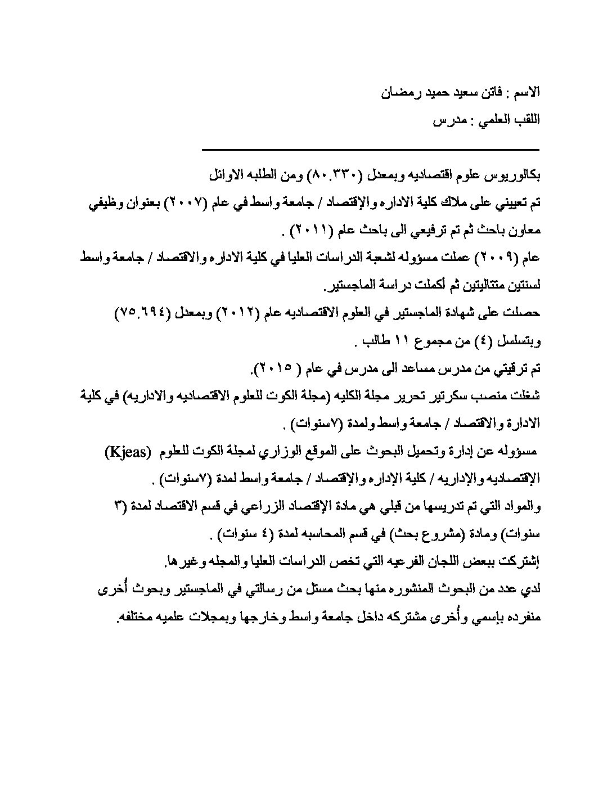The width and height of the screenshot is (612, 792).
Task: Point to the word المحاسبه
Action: click(302, 534)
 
